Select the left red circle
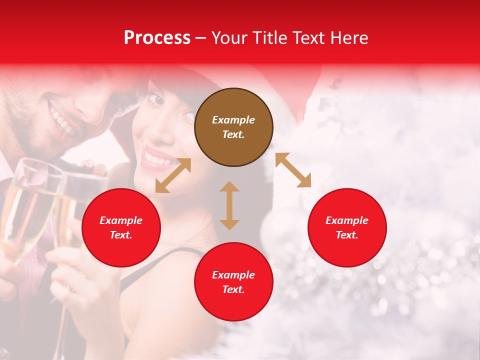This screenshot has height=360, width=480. point(121,227)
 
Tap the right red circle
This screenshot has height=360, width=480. point(347,227)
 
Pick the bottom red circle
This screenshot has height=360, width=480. point(233,281)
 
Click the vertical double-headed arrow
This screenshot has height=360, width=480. point(229,205)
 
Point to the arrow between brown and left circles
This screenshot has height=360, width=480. point(173,175)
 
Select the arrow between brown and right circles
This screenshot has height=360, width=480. point(293,170)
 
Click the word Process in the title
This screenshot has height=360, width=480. point(157,37)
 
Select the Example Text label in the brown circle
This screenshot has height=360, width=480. point(233,127)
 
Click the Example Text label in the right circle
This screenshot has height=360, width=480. point(347,227)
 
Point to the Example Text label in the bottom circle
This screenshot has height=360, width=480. point(233,282)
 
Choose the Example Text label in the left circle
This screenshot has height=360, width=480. point(121,227)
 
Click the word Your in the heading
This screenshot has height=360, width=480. point(228,37)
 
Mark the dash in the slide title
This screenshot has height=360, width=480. point(201,38)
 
